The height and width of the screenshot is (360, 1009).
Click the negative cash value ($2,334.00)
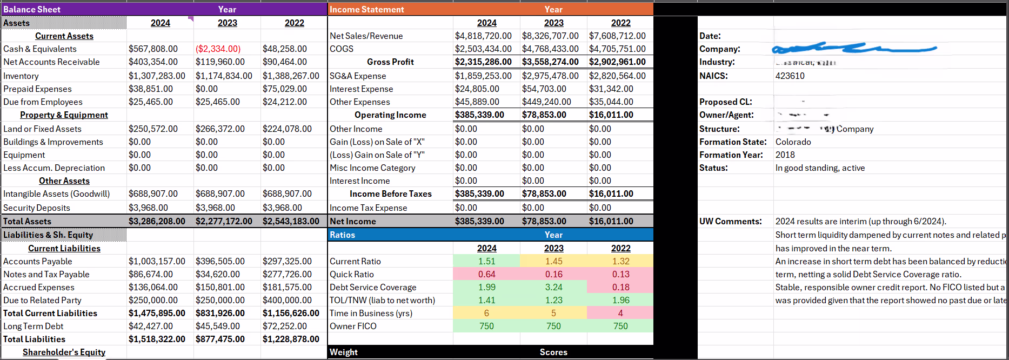[218, 49]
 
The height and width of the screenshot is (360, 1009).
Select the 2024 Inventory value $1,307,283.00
[157, 76]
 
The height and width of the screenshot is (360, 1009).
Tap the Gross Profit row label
[390, 62]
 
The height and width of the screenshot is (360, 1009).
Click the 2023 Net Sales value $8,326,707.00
[550, 36]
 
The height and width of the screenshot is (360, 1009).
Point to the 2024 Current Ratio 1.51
[486, 261]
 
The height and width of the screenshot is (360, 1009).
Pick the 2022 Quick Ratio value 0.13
[620, 274]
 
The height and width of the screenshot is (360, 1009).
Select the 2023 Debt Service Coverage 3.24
[553, 287]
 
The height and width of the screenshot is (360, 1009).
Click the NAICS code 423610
[790, 76]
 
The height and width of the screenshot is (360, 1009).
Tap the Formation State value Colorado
[793, 142]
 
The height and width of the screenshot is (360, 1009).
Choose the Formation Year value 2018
[785, 155]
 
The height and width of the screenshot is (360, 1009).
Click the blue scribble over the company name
[854, 48]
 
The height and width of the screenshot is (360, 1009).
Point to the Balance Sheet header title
[32, 9]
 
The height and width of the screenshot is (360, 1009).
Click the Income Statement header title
[366, 9]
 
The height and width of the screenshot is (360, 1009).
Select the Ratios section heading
[343, 235]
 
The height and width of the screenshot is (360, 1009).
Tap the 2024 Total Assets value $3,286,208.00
[157, 221]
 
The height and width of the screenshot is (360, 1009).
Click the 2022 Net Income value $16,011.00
[611, 221]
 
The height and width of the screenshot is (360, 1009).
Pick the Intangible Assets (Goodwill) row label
[56, 194]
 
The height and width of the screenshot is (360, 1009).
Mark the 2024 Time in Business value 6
[486, 313]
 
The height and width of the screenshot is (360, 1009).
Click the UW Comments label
[730, 221]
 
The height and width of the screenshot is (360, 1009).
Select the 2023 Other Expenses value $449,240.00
[546, 102]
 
